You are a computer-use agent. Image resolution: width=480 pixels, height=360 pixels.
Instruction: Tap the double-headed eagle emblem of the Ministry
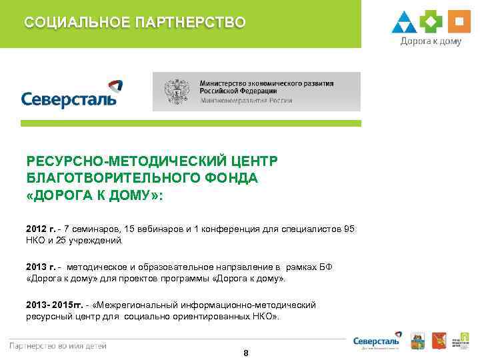click(x=176, y=92)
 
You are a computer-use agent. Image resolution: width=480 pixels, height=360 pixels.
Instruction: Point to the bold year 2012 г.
click(x=41, y=229)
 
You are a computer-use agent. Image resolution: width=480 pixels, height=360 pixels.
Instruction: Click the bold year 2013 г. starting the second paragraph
click(x=41, y=267)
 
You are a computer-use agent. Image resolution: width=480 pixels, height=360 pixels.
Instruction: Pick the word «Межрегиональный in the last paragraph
click(x=138, y=305)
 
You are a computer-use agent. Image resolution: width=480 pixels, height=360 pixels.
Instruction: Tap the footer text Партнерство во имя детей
click(x=58, y=345)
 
